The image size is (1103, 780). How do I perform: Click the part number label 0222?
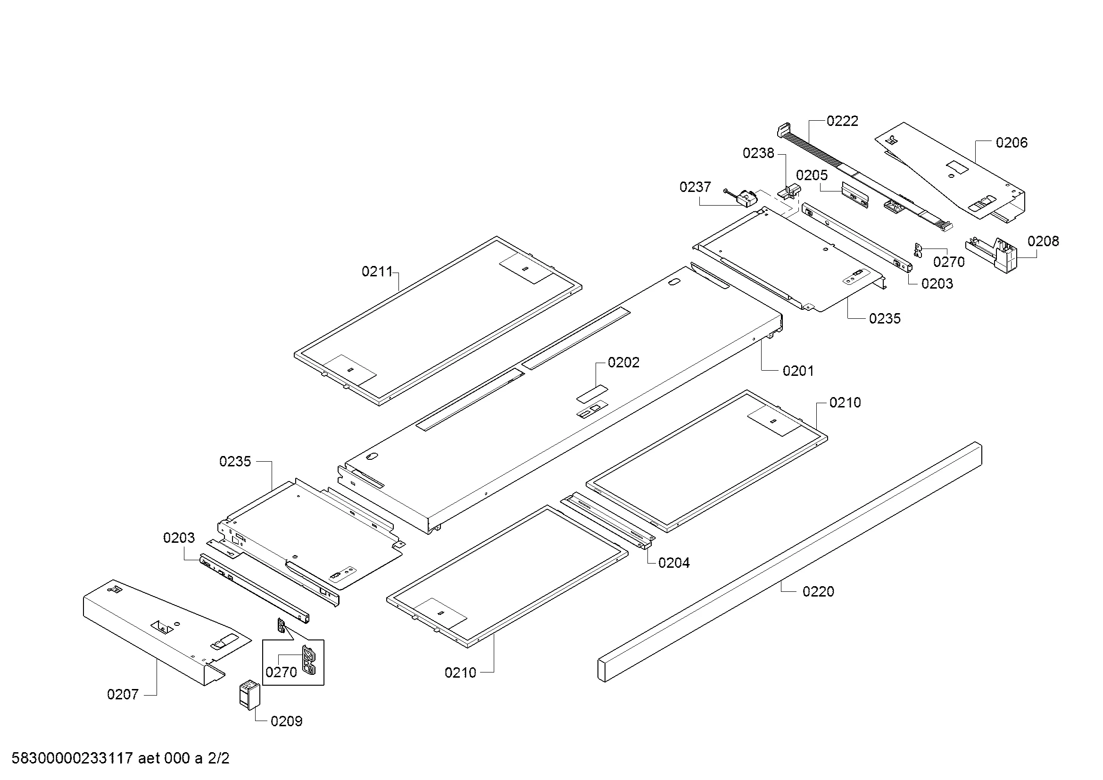(842, 121)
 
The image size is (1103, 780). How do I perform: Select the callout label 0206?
(1011, 142)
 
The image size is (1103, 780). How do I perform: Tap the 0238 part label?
(758, 153)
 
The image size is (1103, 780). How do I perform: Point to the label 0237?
(695, 187)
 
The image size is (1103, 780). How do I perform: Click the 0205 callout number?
(812, 175)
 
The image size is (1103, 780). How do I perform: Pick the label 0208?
(1043, 241)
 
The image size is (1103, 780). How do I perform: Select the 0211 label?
(377, 272)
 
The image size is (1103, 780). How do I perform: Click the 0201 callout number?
(798, 371)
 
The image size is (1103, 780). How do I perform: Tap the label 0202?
(623, 363)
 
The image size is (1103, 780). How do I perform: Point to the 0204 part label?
(673, 563)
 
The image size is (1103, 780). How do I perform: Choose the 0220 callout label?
(818, 592)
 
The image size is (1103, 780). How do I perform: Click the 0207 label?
(123, 695)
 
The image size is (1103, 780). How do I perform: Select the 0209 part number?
(286, 722)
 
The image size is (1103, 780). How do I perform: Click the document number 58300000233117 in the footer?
(72, 758)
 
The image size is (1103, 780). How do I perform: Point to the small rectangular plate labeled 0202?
(592, 393)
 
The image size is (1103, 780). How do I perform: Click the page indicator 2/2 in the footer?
(218, 758)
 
